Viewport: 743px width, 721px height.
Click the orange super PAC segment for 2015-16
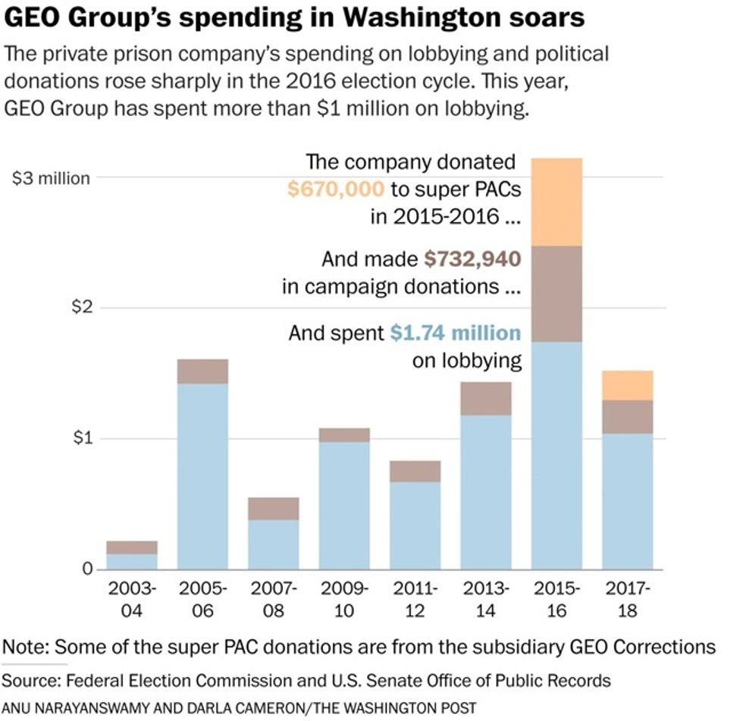556,202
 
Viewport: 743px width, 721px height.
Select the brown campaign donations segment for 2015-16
556,293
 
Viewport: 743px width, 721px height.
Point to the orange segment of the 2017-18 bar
627,385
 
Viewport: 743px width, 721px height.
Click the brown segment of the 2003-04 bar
132,547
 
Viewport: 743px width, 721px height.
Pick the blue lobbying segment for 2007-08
273,544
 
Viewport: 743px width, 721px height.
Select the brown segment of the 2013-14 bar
486,398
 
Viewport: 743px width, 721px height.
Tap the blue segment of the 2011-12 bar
415,525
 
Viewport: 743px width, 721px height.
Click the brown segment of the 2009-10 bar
344,435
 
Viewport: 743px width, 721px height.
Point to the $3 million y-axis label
52,178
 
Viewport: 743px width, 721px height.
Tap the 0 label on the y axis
86,569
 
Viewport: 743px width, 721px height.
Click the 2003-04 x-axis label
132,600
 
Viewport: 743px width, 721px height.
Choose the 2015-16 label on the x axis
556,600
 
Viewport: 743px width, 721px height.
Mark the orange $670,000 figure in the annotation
337,189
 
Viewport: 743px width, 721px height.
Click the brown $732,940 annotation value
472,259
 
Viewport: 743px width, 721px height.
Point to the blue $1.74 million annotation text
456,333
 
